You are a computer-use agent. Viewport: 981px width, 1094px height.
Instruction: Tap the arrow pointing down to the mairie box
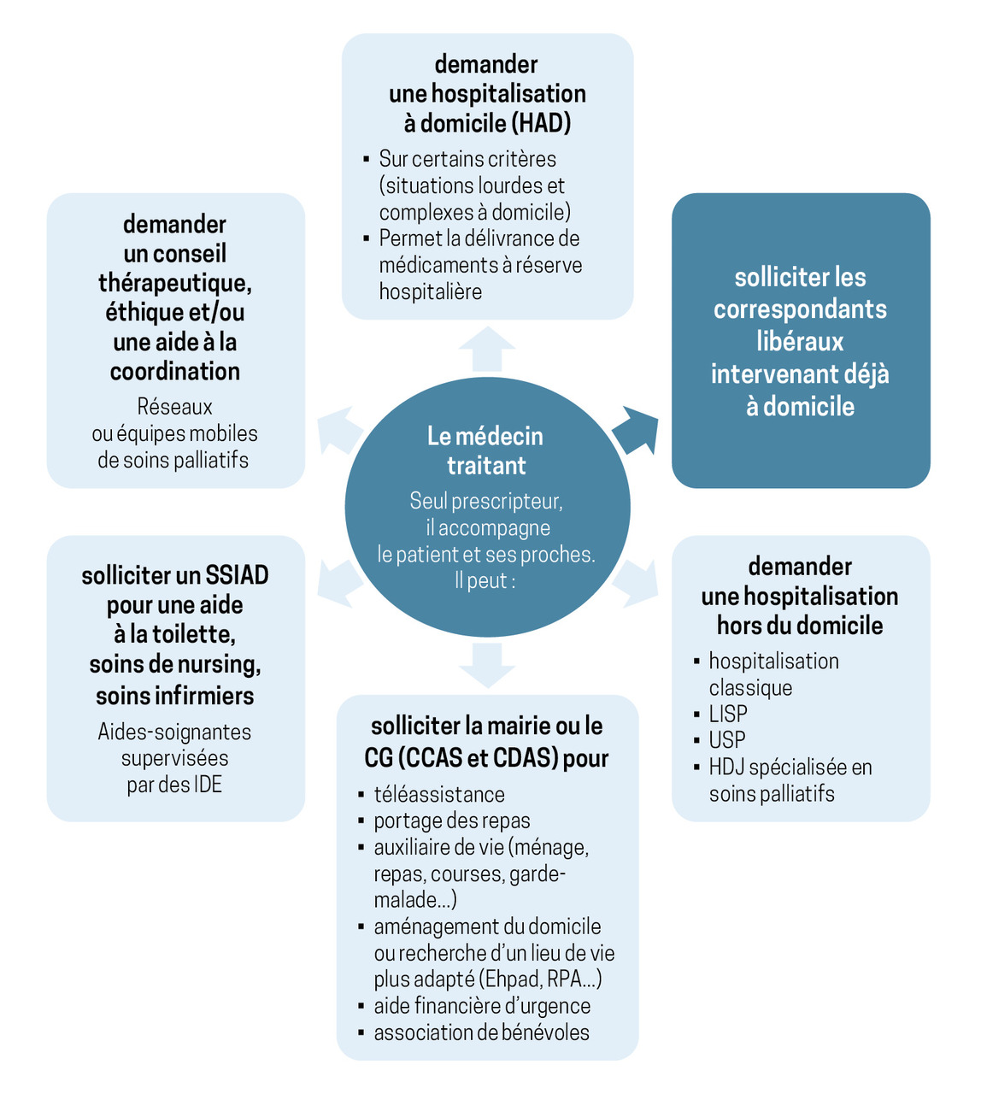point(487,664)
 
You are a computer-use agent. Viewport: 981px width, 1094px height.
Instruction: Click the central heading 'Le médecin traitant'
point(485,450)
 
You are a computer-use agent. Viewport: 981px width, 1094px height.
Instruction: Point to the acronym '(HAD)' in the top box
point(542,123)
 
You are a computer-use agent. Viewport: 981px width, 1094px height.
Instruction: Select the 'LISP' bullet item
point(728,714)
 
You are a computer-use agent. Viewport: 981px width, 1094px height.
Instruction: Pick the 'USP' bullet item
point(727,740)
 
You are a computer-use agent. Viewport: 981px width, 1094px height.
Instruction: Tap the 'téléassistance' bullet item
point(439,794)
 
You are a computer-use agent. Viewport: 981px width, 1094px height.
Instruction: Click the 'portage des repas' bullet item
point(452,820)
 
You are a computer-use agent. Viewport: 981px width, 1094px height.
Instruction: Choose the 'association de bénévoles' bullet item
point(481,1032)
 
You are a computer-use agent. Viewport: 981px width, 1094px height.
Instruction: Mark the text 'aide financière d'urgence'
point(482,1006)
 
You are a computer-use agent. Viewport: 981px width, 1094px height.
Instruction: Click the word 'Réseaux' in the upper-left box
point(174,407)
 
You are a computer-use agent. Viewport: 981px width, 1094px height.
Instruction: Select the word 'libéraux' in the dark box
point(800,342)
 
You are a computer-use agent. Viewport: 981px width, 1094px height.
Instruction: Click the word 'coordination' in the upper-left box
point(175,371)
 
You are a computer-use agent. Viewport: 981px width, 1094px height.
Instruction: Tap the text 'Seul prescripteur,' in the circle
point(486,501)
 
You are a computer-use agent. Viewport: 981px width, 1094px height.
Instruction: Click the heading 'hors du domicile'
point(800,626)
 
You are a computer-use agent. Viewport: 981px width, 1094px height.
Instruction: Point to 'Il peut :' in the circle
point(485,581)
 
